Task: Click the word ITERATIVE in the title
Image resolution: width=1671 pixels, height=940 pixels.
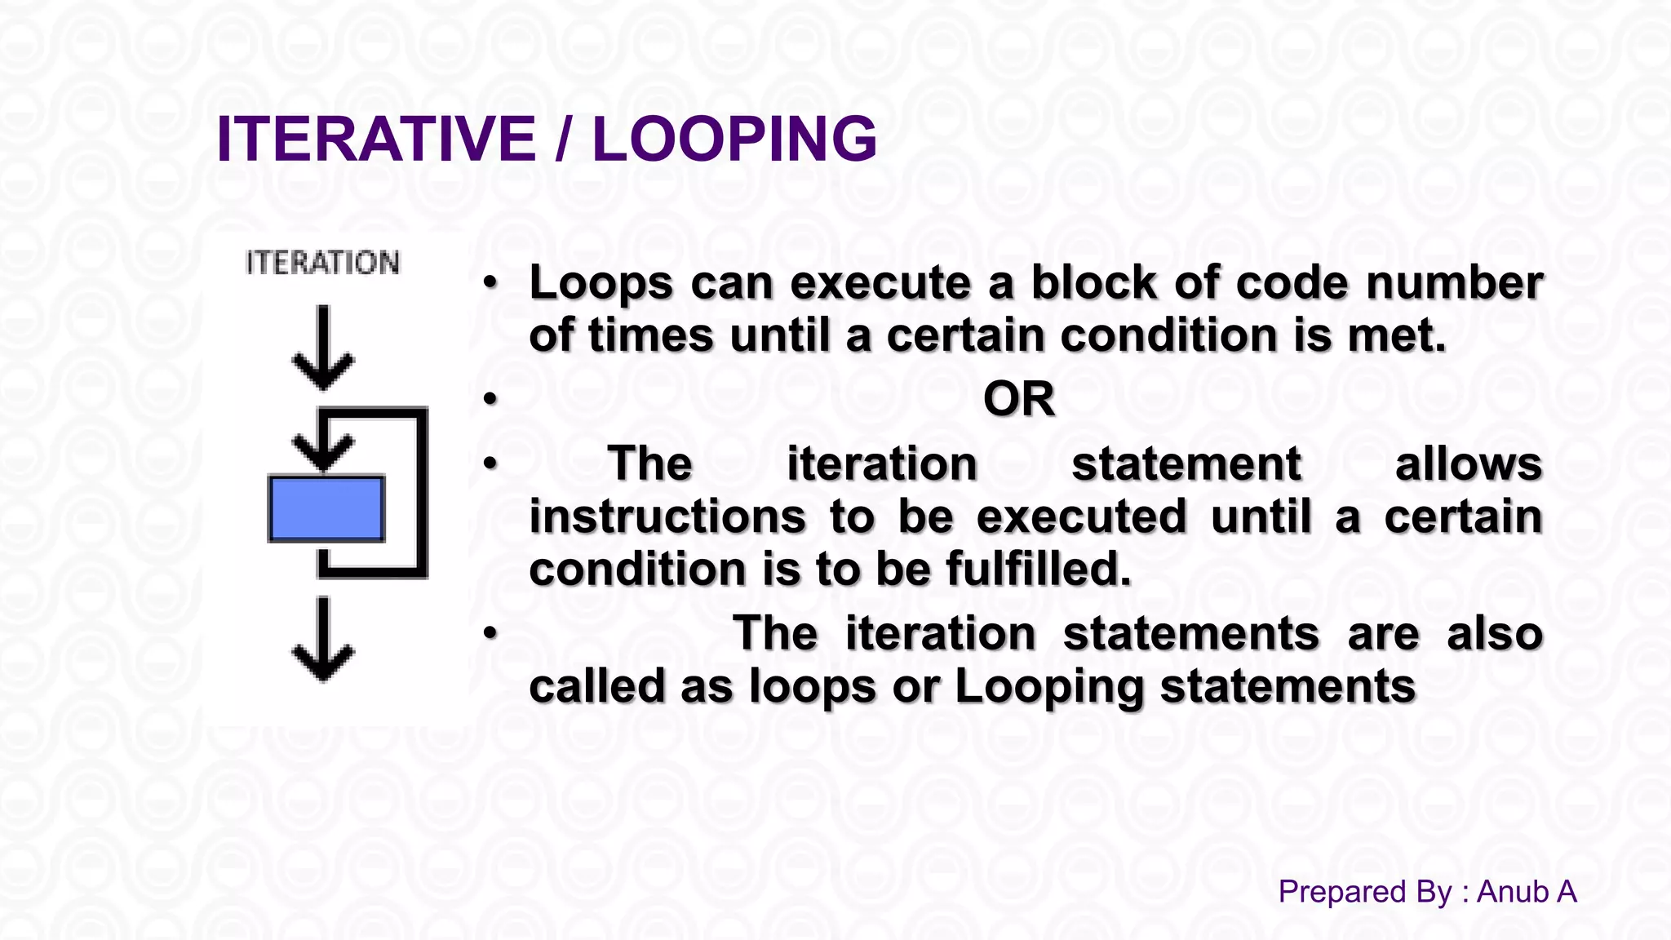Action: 375,139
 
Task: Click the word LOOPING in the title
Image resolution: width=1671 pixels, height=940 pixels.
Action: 734,139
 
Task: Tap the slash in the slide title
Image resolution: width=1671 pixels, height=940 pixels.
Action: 563,139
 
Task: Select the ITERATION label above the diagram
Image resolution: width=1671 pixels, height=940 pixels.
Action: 322,263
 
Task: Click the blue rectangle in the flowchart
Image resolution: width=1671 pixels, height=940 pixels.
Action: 326,509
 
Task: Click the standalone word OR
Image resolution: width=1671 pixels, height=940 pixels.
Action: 1018,399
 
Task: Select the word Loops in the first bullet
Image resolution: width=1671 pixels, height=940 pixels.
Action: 601,284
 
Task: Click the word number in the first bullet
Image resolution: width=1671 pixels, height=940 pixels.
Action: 1454,283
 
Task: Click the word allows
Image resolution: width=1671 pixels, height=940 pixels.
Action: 1468,464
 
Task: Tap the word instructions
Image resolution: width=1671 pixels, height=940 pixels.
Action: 667,517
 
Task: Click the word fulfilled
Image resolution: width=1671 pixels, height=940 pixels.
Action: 1038,569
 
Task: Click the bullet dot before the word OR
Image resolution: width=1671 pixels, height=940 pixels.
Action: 490,399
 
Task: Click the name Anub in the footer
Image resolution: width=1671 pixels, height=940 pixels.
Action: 1512,892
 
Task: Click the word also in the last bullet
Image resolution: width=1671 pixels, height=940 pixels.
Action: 1494,634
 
